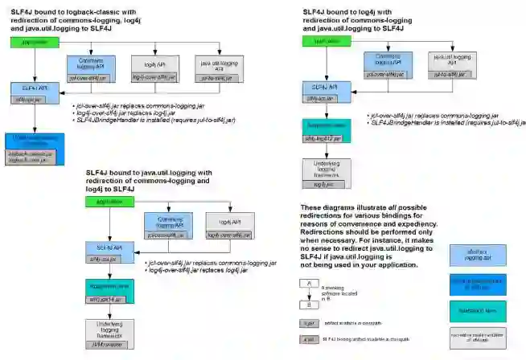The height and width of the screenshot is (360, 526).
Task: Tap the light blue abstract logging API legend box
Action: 477,255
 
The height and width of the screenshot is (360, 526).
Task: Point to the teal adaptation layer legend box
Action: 477,312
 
